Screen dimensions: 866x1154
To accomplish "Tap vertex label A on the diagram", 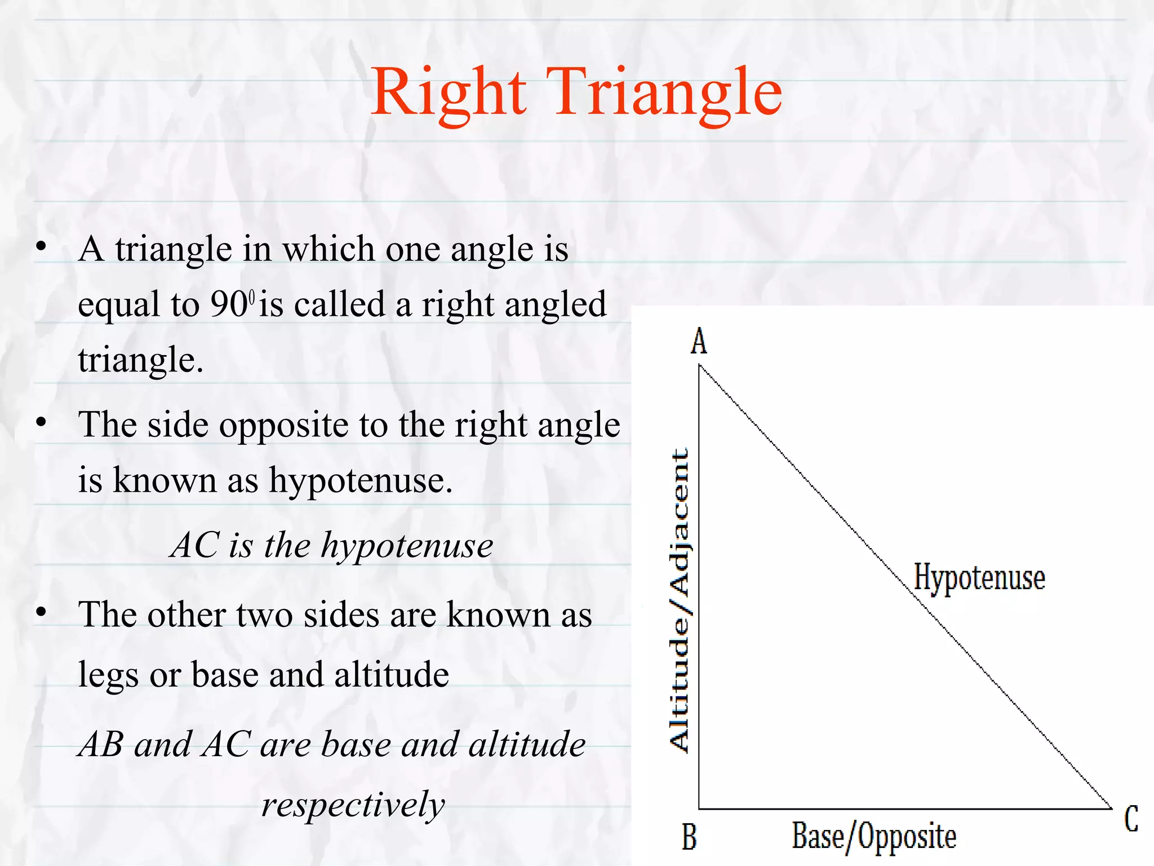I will pos(699,342).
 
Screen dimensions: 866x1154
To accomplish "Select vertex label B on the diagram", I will pos(689,837).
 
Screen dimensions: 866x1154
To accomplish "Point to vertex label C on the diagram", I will pos(1131,819).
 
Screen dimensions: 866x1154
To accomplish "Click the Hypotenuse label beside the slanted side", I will pos(979,578).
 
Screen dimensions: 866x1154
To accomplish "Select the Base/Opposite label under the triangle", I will pos(874,837).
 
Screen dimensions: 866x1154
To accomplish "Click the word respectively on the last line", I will pos(353,805).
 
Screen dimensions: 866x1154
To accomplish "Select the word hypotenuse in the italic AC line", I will pos(407,546).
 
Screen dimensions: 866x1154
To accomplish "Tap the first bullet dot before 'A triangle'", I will pos(41,246).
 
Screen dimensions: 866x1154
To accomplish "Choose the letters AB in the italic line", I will pos(101,744).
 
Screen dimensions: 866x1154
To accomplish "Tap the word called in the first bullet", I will pos(339,305).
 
